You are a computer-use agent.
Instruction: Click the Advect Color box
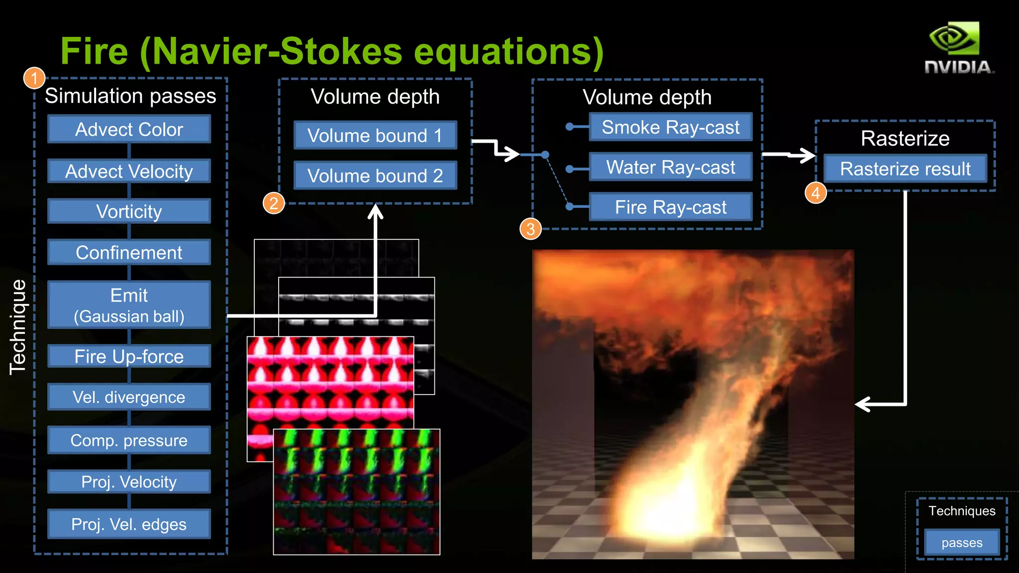(x=129, y=129)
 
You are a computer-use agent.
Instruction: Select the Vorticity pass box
(x=129, y=211)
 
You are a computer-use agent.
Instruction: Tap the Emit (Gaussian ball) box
(x=129, y=305)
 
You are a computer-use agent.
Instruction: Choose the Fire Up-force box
(x=129, y=356)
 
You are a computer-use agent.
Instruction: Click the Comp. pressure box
(x=129, y=440)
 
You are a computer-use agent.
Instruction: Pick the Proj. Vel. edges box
(x=129, y=524)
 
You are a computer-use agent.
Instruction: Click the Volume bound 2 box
(x=375, y=176)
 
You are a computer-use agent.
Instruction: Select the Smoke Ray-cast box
(x=670, y=127)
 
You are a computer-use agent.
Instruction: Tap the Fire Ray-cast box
(x=670, y=207)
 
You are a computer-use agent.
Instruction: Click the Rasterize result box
(x=905, y=169)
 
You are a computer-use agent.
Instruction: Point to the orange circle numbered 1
(x=34, y=78)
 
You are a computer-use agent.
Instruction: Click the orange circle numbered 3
(x=530, y=229)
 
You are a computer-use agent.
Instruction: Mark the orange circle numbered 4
(x=815, y=193)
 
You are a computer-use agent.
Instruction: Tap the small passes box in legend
(x=961, y=543)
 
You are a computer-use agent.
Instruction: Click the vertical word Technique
(x=18, y=327)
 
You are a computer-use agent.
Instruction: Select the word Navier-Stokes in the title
(x=277, y=51)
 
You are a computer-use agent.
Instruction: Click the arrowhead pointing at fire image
(x=863, y=404)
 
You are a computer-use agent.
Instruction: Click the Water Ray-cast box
(x=670, y=167)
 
